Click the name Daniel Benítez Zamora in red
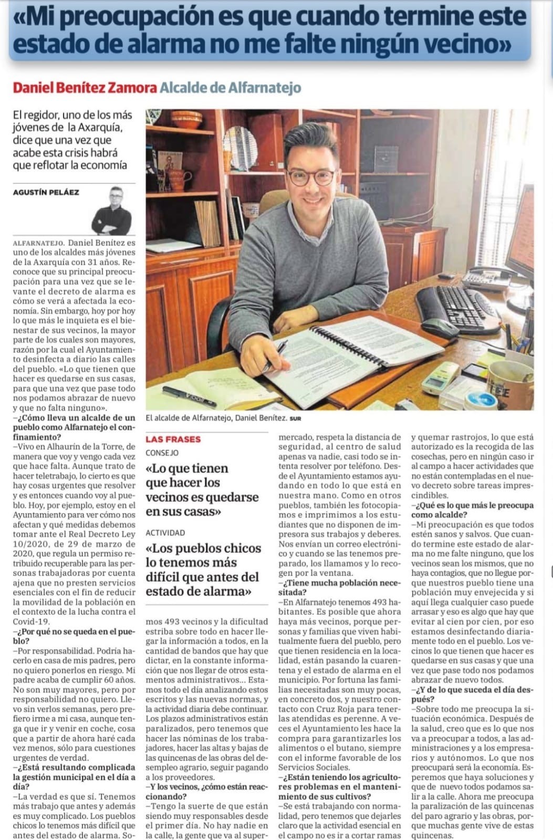pyautogui.click(x=85, y=87)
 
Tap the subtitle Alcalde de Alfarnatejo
pyautogui.click(x=230, y=87)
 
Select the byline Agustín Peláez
pyautogui.click(x=46, y=192)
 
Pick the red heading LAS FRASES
pyautogui.click(x=173, y=439)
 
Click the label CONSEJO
pyautogui.click(x=162, y=453)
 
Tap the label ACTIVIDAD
pyautogui.click(x=165, y=532)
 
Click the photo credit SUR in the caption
pyautogui.click(x=295, y=419)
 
